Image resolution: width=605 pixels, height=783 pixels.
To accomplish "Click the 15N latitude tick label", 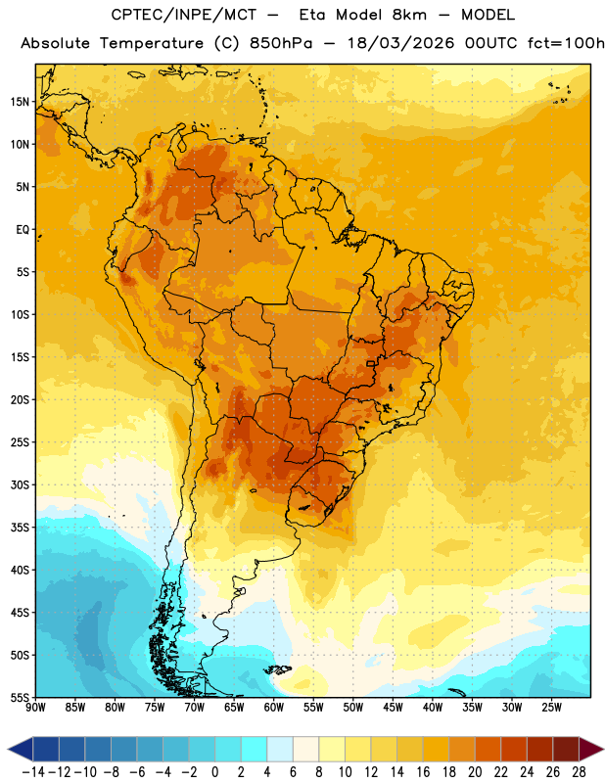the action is (x=20, y=102).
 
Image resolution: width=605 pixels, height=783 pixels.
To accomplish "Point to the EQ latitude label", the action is (x=23, y=230).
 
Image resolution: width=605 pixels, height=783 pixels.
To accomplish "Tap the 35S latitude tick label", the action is (x=20, y=528).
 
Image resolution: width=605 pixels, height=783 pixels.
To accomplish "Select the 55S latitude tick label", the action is (x=20, y=697).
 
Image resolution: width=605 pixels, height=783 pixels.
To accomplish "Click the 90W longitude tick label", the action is (x=36, y=707).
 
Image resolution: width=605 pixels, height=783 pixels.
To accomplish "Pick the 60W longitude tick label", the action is (x=274, y=707).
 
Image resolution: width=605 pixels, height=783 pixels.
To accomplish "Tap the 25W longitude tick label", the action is (x=551, y=707).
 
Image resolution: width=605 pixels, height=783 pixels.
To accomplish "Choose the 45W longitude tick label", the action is (x=394, y=707).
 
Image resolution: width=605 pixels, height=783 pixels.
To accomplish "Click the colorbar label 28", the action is (x=579, y=772).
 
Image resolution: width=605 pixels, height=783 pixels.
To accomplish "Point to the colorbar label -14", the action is (x=33, y=772).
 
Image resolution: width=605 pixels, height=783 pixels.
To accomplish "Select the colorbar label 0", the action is (x=214, y=772).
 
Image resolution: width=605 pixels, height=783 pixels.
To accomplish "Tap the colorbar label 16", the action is (x=423, y=772).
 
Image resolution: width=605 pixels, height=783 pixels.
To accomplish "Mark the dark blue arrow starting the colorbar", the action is (x=21, y=749).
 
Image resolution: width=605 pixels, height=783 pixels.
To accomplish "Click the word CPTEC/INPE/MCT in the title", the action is (x=184, y=15).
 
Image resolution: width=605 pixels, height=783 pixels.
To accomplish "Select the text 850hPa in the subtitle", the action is (x=281, y=43).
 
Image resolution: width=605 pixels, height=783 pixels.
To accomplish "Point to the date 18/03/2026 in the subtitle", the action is (x=400, y=43).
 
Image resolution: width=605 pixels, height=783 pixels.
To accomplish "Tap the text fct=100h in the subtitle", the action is (x=566, y=43).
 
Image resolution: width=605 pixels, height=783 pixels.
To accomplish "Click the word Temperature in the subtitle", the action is (x=152, y=43).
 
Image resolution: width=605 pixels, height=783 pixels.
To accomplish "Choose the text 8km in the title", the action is (x=409, y=15).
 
